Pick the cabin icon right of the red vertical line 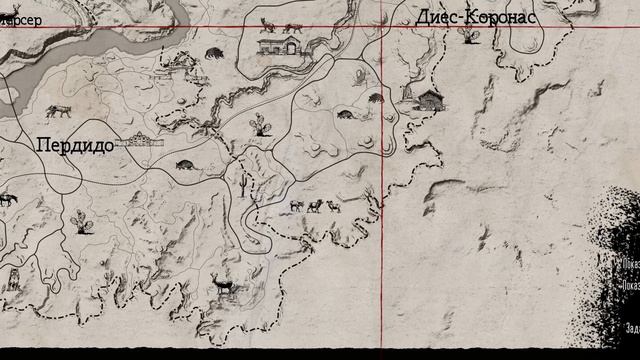(428, 97)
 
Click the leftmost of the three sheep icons (296, 206)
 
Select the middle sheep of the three (315, 207)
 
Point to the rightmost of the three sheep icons (333, 206)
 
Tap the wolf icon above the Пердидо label (57, 111)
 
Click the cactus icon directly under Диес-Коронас (465, 36)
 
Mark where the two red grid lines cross (386, 26)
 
